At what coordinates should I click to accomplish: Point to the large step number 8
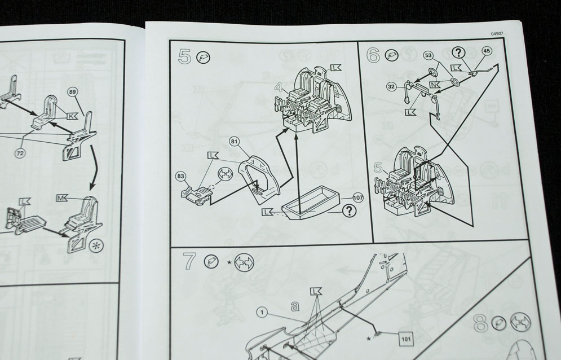(480, 323)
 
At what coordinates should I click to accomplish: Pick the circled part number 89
(72, 93)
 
